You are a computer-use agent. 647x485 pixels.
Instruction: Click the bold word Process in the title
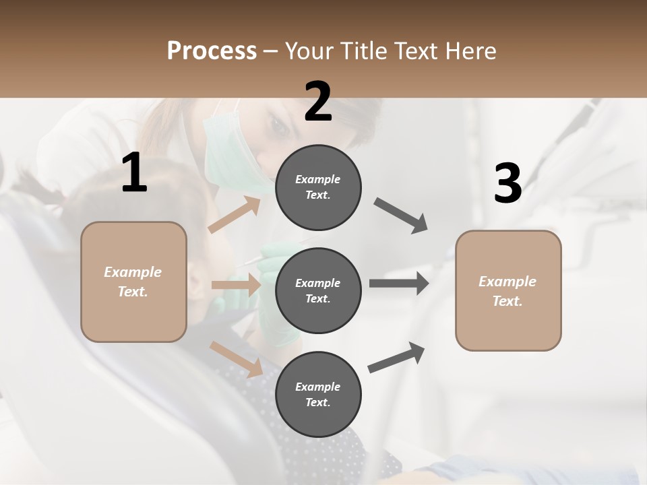212,51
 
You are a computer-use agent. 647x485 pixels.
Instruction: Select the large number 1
134,173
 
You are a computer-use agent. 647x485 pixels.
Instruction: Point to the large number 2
318,102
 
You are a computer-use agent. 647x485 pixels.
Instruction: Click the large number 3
507,184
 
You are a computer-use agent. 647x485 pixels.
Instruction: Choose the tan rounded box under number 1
133,282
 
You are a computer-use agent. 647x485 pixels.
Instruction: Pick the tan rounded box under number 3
508,290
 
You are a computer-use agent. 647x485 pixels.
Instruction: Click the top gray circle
318,187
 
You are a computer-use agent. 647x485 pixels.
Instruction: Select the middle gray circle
318,290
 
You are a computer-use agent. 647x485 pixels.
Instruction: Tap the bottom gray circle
318,394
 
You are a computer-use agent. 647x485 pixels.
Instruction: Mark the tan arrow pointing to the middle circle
236,285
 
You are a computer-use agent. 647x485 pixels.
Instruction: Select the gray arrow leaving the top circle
401,216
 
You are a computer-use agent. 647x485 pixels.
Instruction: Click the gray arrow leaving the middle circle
399,284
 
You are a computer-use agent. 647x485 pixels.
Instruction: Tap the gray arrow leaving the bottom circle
396,358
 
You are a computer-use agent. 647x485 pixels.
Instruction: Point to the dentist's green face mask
229,162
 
